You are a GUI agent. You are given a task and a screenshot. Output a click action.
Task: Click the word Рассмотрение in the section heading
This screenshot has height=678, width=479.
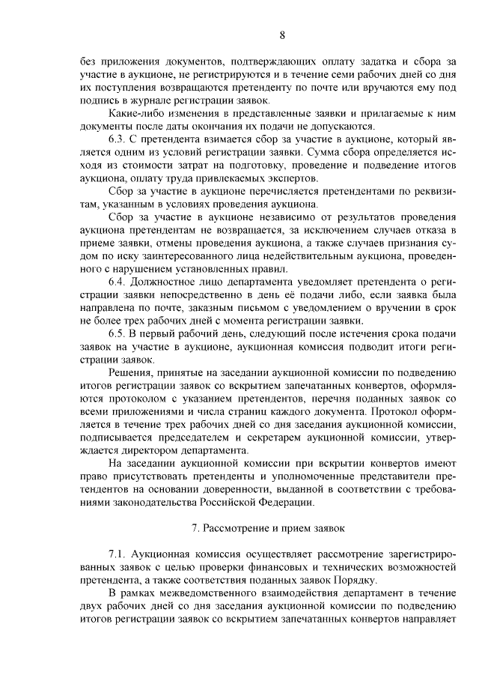click(236, 527)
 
